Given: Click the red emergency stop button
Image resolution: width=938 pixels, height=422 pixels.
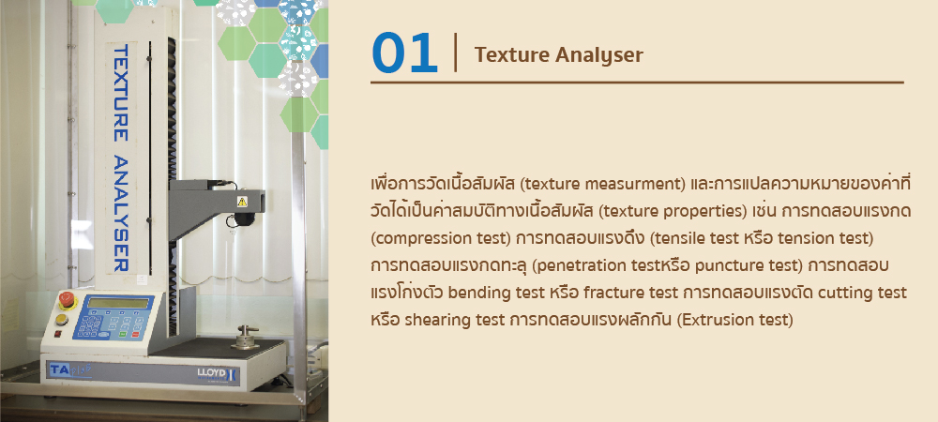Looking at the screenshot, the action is [67, 299].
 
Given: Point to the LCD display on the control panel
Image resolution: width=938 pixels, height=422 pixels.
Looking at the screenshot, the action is [118, 303].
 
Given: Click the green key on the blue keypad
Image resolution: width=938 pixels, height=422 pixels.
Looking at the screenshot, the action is [122, 334].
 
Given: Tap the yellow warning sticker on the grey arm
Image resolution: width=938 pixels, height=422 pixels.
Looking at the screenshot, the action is [242, 202].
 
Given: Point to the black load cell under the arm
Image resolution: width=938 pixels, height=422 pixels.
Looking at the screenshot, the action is [244, 219].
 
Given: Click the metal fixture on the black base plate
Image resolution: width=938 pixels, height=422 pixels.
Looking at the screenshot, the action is [246, 337].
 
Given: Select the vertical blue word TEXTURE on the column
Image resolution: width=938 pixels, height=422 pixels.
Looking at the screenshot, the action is [121, 93].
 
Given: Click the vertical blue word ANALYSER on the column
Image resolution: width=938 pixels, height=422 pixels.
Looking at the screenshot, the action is [121, 214].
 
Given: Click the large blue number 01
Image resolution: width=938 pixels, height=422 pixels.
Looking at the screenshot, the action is [404, 53].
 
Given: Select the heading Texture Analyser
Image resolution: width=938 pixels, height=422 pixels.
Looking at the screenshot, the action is [559, 55].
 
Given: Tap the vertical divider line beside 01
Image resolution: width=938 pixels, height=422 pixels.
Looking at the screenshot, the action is [456, 53].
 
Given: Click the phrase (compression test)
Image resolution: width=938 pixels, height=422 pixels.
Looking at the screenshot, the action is [440, 238].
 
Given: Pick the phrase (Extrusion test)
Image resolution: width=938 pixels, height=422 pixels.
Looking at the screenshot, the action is [735, 320].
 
